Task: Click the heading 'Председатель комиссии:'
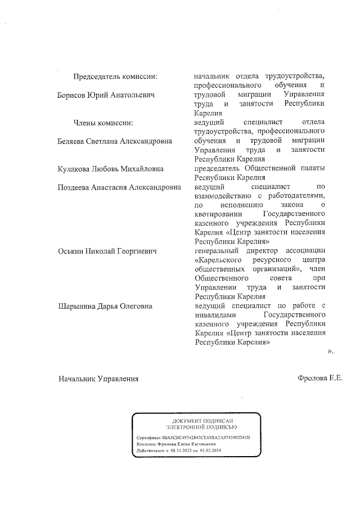click(115, 76)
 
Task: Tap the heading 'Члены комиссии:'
click(103, 123)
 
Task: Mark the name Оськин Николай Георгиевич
click(107, 251)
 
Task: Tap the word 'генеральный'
click(218, 251)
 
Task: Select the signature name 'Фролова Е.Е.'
click(319, 379)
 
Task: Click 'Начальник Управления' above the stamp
click(98, 379)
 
